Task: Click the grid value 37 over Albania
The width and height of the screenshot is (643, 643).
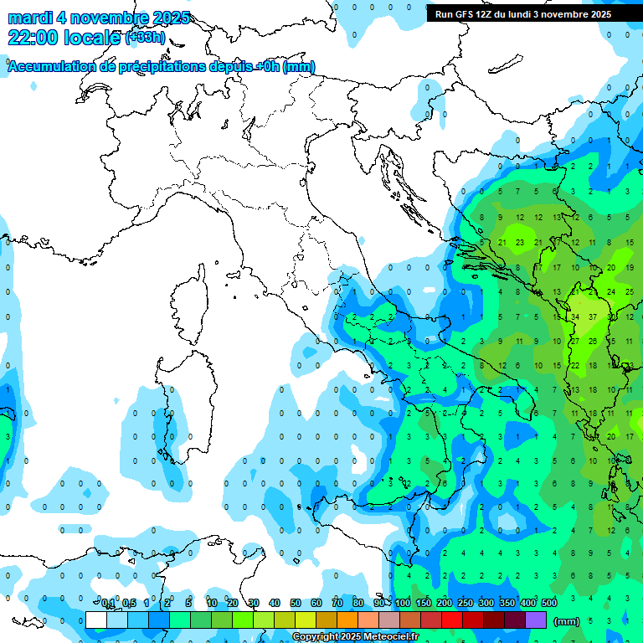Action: coord(593,317)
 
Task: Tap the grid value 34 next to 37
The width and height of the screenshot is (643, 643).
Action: coord(575,317)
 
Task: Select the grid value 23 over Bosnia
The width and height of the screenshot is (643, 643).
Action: coord(519,243)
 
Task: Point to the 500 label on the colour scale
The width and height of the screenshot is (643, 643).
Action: coord(549,604)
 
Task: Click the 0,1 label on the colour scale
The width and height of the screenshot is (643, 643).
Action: coord(108,604)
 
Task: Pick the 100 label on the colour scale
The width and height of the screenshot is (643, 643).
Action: coord(403,604)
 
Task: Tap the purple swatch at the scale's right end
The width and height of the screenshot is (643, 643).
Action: coord(536,620)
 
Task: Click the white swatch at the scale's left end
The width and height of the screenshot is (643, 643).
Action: coord(96,620)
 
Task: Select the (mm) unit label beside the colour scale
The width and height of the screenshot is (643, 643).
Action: coord(567,621)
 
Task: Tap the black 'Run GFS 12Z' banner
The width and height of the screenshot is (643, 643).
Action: coord(522,14)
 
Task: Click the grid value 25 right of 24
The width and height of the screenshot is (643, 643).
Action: coord(630,292)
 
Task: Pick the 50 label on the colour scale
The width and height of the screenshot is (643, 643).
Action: coord(296,604)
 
